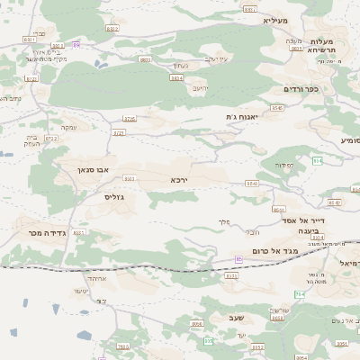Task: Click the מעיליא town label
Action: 274,20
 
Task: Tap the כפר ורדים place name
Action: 301,89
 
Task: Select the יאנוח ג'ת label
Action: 242,116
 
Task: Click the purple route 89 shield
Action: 76,44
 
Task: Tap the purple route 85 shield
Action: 238,258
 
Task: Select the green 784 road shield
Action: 300,293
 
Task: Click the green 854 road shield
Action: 317,160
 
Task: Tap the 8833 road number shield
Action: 145,59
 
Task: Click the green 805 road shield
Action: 209,341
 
